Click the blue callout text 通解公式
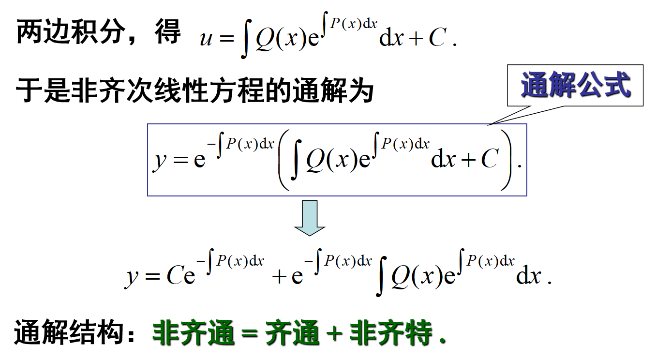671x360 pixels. pyautogui.click(x=576, y=86)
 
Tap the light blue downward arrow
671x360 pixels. pyautogui.click(x=310, y=218)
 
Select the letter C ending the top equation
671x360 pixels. pyautogui.click(x=436, y=38)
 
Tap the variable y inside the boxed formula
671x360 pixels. pyautogui.click(x=159, y=160)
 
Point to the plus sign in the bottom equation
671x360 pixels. pyautogui.click(x=280, y=277)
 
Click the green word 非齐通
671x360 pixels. pyautogui.click(x=194, y=333)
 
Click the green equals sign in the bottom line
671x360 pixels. pyautogui.click(x=250, y=334)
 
